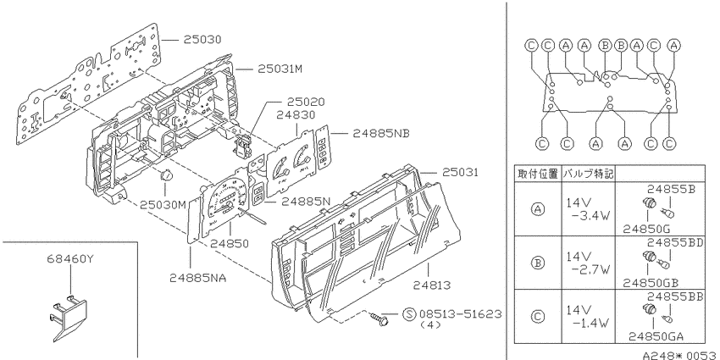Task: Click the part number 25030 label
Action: (x=202, y=40)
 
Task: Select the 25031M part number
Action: (x=280, y=69)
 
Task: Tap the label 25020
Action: (x=306, y=102)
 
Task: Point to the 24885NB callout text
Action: (x=380, y=133)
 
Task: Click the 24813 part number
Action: (x=432, y=285)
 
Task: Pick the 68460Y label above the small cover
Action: (x=70, y=259)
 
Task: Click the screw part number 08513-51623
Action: (x=460, y=314)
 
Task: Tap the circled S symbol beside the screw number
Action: (x=408, y=314)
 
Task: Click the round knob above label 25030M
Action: (x=166, y=175)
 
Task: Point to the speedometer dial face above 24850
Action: (x=225, y=199)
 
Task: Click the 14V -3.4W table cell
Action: (x=588, y=209)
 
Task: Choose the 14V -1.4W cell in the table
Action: (x=588, y=317)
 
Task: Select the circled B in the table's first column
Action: (x=538, y=263)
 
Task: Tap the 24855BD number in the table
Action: (x=675, y=242)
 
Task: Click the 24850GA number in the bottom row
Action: (x=656, y=336)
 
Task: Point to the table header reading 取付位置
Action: (x=538, y=174)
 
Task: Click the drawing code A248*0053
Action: (x=679, y=355)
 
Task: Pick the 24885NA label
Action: (x=198, y=278)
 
